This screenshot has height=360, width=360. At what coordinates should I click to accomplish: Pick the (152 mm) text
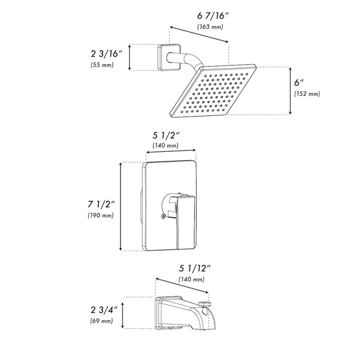tap(307, 94)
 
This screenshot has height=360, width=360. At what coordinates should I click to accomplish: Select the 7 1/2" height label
tap(101, 205)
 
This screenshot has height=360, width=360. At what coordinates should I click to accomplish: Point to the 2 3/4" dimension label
tap(103, 311)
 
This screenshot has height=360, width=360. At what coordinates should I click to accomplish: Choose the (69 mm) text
tap(103, 322)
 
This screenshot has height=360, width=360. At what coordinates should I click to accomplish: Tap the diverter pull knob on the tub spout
tap(207, 305)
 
